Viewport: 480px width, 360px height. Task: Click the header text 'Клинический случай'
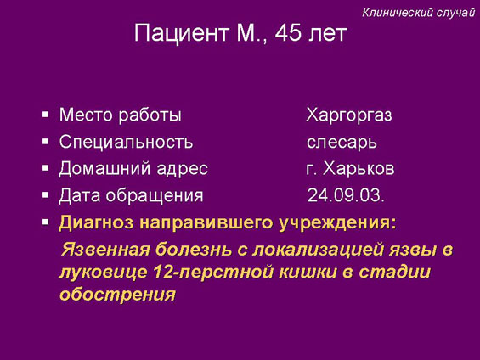(418, 13)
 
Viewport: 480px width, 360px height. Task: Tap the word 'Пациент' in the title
(182, 33)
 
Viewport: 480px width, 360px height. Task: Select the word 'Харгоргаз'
(349, 115)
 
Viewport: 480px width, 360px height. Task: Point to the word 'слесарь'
(342, 143)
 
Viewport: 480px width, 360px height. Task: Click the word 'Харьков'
(359, 168)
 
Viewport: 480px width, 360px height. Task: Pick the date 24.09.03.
(346, 195)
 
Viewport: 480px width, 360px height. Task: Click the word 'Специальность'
(126, 143)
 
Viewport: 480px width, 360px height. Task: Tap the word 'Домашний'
(104, 169)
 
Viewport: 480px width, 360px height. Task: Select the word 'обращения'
(155, 196)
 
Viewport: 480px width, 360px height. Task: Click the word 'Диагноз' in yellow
(97, 222)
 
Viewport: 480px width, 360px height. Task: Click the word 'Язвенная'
(105, 250)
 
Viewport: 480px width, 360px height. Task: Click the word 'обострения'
(117, 295)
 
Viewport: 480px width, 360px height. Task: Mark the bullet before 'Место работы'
(45, 115)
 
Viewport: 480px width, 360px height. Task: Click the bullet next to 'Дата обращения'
(45, 194)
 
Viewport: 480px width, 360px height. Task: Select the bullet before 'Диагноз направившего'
(45, 222)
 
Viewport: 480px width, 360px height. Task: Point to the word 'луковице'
(103, 273)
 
